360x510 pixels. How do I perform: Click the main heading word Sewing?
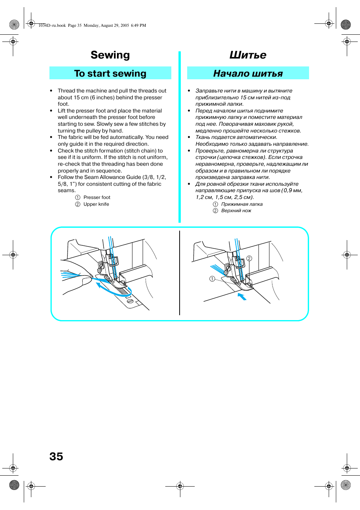tap(110, 55)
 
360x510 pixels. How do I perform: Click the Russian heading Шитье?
tap(248, 55)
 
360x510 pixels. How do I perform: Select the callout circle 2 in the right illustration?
tap(249, 258)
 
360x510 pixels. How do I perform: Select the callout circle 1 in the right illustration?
tap(212, 279)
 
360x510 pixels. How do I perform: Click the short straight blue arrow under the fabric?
tap(242, 296)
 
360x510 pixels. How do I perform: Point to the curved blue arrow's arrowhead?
tap(98, 285)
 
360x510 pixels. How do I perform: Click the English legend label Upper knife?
tap(96, 204)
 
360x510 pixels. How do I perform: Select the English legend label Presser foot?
tap(97, 197)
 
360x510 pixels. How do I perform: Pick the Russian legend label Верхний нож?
tap(236, 211)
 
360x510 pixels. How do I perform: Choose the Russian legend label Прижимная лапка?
tap(242, 204)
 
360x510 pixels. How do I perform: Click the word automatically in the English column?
tap(127, 137)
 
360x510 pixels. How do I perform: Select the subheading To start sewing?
tap(110, 73)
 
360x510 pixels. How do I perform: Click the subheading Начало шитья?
tap(248, 73)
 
